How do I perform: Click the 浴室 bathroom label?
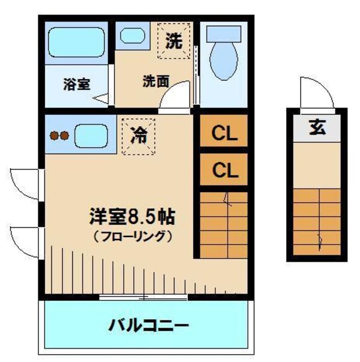click(x=77, y=84)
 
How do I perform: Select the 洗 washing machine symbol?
click(x=173, y=41)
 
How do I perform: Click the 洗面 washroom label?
click(x=155, y=82)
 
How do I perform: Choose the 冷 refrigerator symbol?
click(x=139, y=135)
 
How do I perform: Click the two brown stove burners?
click(x=59, y=136)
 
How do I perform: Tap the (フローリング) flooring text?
click(x=133, y=237)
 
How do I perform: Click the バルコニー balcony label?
click(x=149, y=326)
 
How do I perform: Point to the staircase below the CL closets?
click(x=223, y=224)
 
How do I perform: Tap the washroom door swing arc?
click(x=176, y=97)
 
